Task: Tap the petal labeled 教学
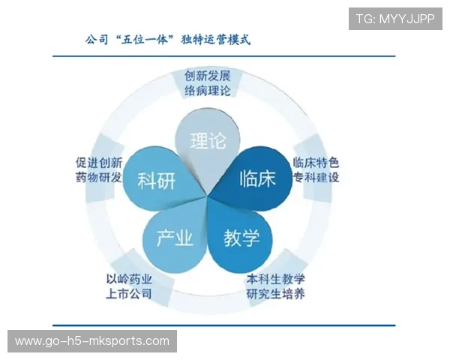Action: (x=241, y=238)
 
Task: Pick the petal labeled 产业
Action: (x=175, y=238)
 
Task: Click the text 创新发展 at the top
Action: (x=207, y=76)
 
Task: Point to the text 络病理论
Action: (x=207, y=91)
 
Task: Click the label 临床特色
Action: (x=316, y=162)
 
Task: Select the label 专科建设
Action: (x=316, y=178)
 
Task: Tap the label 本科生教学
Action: (x=275, y=278)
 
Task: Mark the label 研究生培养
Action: (x=275, y=293)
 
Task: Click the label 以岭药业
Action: (x=129, y=278)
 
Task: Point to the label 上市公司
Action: (x=129, y=293)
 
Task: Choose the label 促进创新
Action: (x=99, y=162)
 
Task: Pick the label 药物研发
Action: (x=99, y=178)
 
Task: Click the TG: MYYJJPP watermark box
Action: (x=395, y=19)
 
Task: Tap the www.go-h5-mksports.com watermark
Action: (x=92, y=341)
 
